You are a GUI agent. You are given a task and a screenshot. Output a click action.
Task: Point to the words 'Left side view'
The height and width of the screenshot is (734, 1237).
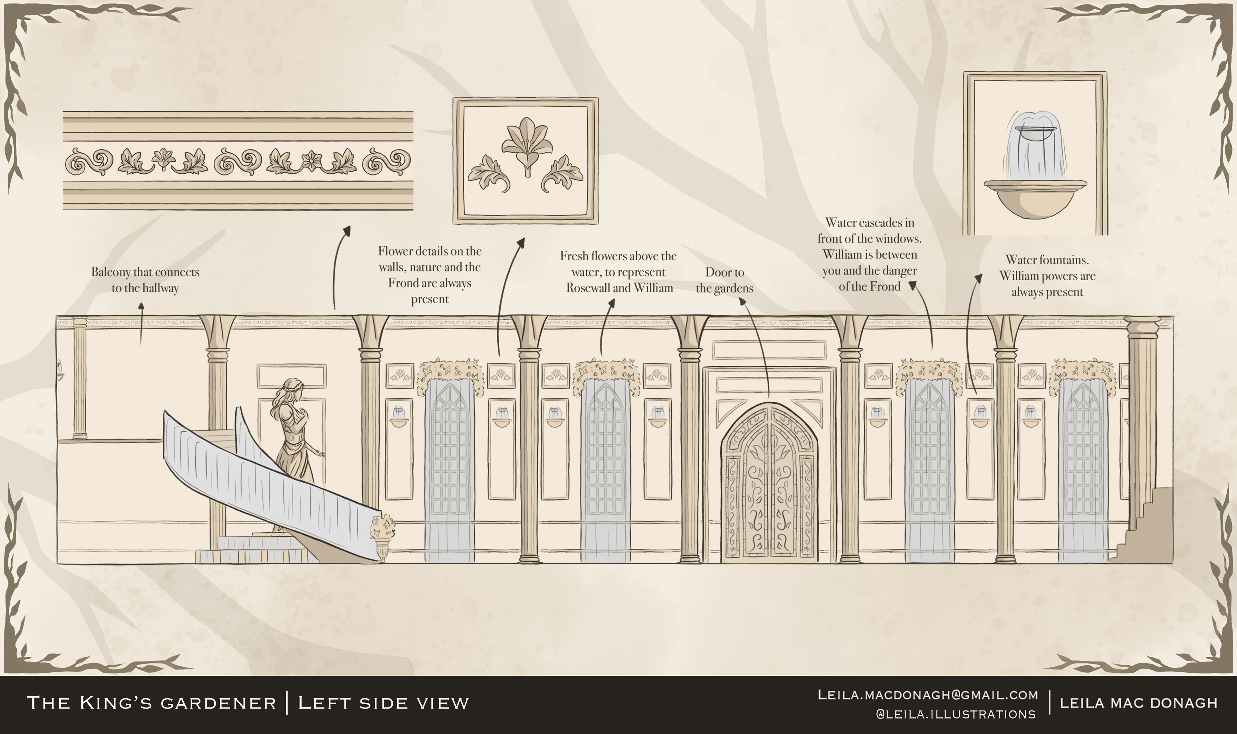[x=383, y=703]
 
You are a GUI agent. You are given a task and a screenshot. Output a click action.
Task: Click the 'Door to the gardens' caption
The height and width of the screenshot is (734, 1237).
[x=725, y=280]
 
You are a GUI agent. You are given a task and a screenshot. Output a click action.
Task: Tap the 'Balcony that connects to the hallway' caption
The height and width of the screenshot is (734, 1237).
[x=145, y=280]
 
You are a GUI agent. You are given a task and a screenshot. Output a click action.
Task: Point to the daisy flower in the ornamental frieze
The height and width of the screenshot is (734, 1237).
[x=312, y=159]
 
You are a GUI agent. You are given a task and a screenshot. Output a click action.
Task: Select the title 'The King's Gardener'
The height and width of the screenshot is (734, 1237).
[x=151, y=703]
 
